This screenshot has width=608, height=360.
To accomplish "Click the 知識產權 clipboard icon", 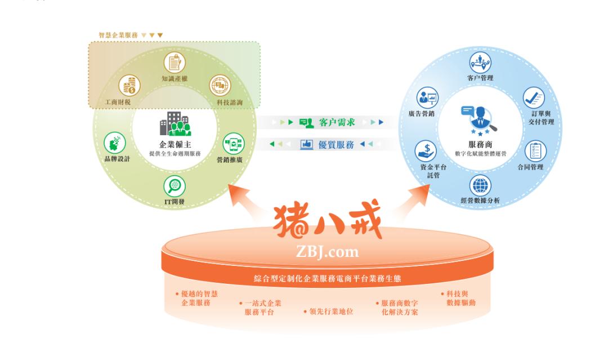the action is pyautogui.click(x=175, y=63).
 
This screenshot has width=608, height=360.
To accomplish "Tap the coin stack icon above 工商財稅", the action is pyautogui.click(x=129, y=85).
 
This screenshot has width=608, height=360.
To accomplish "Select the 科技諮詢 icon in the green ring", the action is pyautogui.click(x=220, y=85).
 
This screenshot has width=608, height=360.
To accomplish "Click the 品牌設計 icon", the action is pyautogui.click(x=115, y=143).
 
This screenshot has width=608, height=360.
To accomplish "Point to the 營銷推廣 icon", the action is pyautogui.click(x=234, y=144).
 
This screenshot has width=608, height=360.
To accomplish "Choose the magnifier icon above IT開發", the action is pyautogui.click(x=175, y=186).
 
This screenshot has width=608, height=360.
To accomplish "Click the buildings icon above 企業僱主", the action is pyautogui.click(x=175, y=124).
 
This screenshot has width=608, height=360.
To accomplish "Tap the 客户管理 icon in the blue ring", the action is pyautogui.click(x=480, y=63).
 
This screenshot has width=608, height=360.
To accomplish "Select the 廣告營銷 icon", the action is pyautogui.click(x=428, y=98).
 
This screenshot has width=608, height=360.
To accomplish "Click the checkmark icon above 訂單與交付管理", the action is pyautogui.click(x=534, y=98).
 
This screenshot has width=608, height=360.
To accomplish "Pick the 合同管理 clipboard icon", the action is pyautogui.click(x=535, y=152).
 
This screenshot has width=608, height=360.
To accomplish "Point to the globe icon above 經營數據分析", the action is pyautogui.click(x=480, y=185).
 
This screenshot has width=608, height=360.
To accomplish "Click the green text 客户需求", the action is pyautogui.click(x=337, y=123).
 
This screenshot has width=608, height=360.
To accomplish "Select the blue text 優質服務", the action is pyautogui.click(x=336, y=145).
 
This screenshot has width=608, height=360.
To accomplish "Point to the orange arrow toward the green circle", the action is pyautogui.click(x=245, y=199).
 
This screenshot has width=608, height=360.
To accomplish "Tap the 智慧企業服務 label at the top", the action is pyautogui.click(x=118, y=35).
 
